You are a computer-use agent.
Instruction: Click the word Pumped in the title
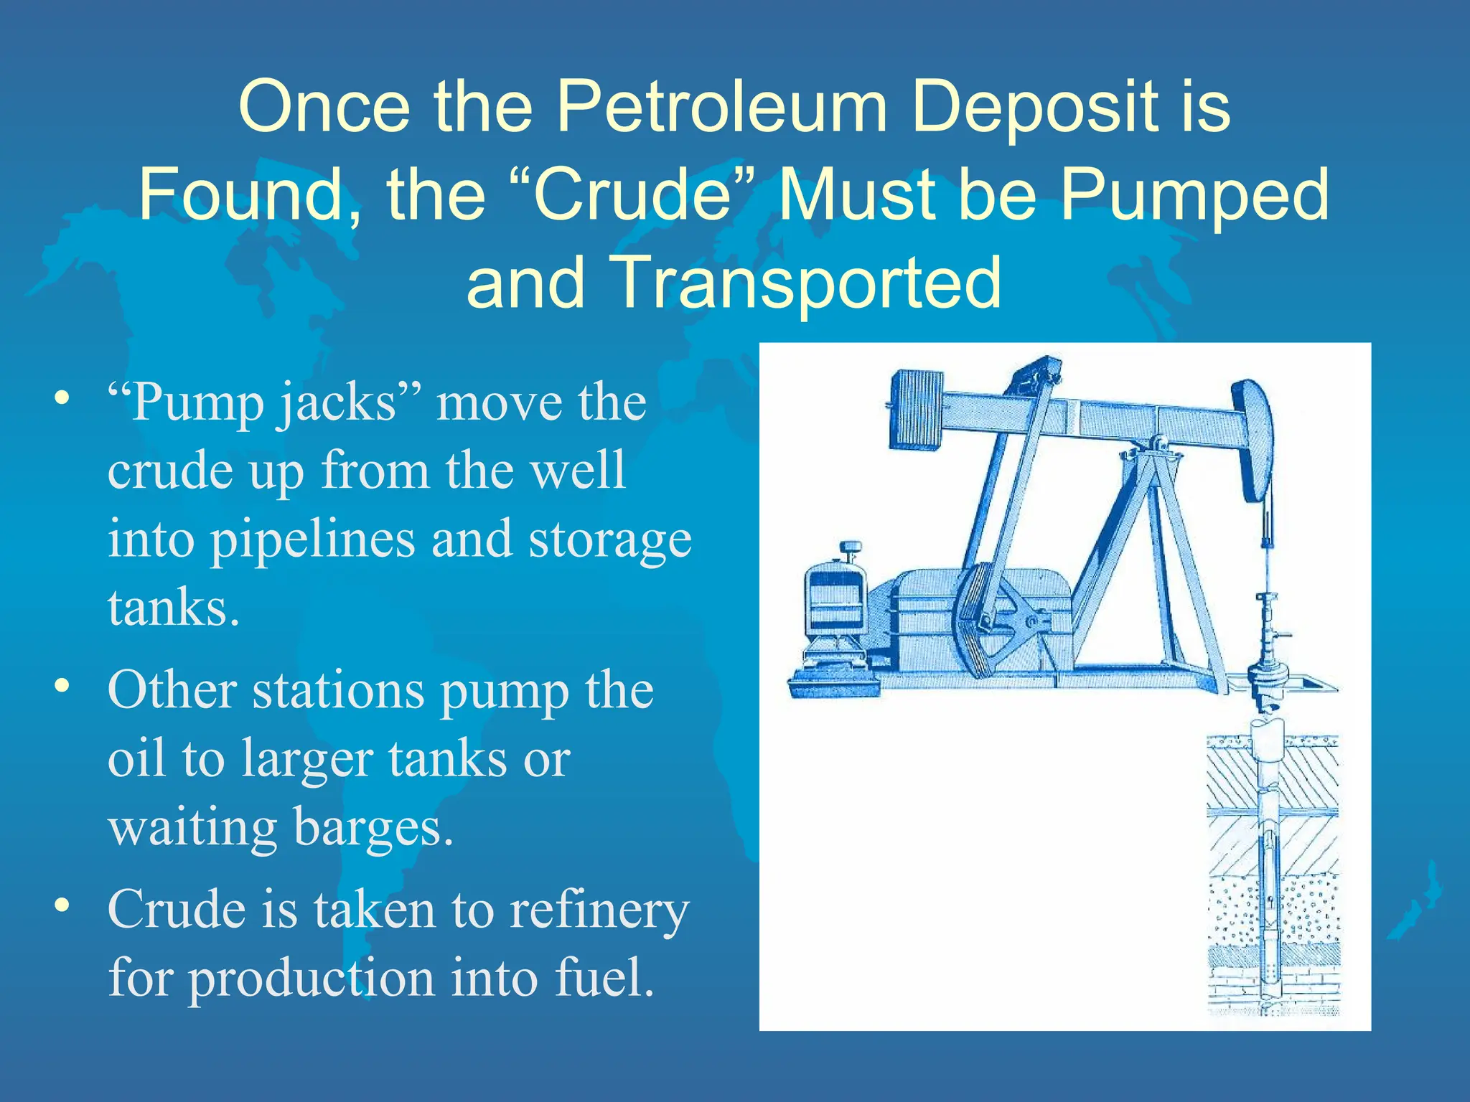(1194, 194)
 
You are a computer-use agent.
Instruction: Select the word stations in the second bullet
(338, 690)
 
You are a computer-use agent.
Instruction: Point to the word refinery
(599, 910)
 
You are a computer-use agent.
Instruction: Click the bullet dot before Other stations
(63, 686)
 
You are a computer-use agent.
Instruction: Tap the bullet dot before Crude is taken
(63, 905)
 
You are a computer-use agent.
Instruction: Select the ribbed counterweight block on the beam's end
(917, 410)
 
